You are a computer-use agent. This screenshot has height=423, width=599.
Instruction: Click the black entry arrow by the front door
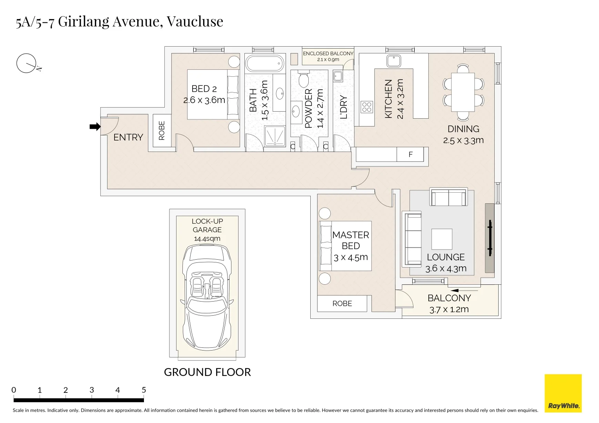(x=95, y=127)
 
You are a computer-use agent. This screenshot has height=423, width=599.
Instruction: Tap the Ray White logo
(x=563, y=393)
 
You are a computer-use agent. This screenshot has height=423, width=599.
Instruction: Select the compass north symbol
(x=27, y=63)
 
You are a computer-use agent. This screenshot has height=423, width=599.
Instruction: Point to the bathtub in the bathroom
(x=264, y=63)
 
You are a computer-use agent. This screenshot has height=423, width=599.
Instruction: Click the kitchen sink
(x=393, y=61)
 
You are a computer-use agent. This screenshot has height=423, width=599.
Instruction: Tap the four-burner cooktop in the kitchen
(x=367, y=107)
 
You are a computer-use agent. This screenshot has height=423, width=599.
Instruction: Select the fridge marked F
(x=410, y=154)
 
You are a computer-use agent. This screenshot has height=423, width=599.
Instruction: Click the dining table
(x=463, y=92)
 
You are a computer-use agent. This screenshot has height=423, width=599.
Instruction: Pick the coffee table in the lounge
(x=442, y=239)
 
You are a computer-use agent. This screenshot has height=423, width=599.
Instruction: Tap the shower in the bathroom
(x=275, y=136)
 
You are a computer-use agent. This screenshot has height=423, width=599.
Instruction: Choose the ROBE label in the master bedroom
(x=342, y=304)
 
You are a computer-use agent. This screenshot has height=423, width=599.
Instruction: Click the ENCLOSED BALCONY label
(x=328, y=54)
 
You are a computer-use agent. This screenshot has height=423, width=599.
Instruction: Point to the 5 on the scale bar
(x=144, y=390)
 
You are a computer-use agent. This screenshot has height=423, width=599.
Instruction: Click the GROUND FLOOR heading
(x=207, y=372)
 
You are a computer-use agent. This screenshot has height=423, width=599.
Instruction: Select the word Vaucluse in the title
(x=195, y=21)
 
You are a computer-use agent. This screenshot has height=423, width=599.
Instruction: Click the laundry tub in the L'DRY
(x=338, y=76)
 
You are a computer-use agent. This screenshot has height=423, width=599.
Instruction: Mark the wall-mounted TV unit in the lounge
(x=490, y=238)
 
